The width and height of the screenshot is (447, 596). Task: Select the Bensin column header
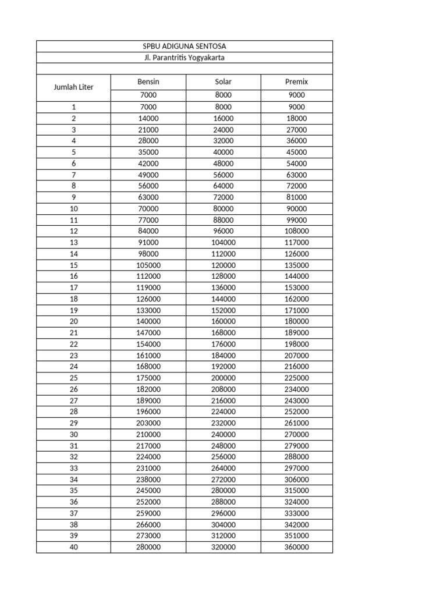[148, 81]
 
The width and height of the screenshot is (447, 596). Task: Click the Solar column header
[223, 81]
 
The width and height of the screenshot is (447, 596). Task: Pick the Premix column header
[297, 81]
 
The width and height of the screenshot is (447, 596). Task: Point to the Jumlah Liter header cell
[73, 87]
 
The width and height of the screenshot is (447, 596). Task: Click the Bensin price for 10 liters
[148, 208]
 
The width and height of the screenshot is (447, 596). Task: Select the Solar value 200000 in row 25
[223, 378]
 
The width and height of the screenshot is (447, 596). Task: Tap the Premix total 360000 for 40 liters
[297, 547]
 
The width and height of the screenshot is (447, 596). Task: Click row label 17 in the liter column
[73, 288]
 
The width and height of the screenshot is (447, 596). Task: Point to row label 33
[73, 468]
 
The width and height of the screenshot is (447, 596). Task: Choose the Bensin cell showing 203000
[148, 423]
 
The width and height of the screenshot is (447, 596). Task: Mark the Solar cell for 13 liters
[223, 242]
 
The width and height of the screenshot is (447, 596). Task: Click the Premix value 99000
[297, 220]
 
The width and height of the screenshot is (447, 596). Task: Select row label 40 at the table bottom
[73, 547]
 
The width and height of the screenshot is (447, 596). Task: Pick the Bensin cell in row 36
[148, 502]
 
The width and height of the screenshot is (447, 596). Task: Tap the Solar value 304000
[223, 524]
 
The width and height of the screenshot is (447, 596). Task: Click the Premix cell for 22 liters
[297, 344]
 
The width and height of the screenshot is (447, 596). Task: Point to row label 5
[73, 152]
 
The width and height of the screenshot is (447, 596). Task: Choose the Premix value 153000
[297, 288]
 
